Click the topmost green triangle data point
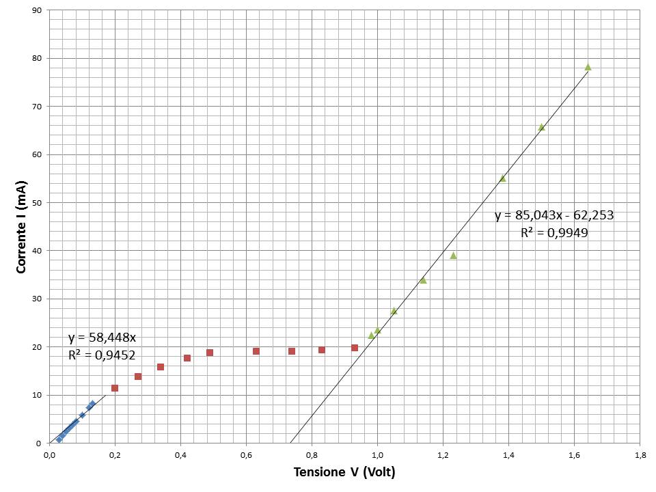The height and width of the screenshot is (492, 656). coord(588,67)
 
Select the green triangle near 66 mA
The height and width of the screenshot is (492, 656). coord(541,127)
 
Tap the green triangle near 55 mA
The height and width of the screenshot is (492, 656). coord(502,178)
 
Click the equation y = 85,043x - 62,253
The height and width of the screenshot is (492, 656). coord(554,215)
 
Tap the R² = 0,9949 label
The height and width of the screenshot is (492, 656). coord(554,233)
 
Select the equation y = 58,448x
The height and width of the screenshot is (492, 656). coord(102,338)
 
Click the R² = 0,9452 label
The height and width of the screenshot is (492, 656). coord(102,355)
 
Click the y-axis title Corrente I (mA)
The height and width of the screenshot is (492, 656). coord(21,226)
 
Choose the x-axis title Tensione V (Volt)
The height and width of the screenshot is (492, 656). coord(344,472)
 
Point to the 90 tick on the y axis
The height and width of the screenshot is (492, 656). coord(37,10)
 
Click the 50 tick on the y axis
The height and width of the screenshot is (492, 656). coord(37,203)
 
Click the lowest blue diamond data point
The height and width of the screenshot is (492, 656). coord(59,439)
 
